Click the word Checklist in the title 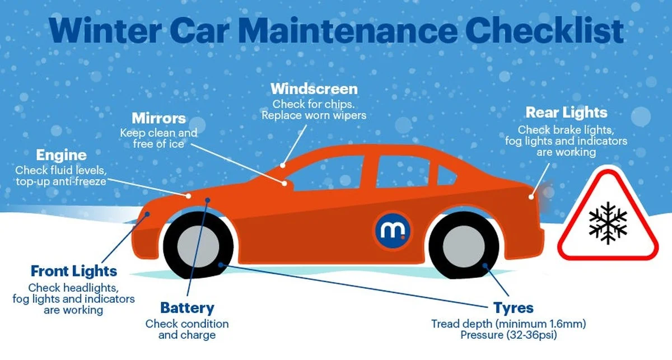point(544,31)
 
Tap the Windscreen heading point(314,89)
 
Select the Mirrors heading point(158,118)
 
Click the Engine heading point(62,156)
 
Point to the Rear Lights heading point(566,113)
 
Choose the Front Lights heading point(74,272)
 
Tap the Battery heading point(188,308)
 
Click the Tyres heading point(514,308)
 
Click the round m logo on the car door point(393,231)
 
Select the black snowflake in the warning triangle point(608,223)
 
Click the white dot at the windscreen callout point(283,165)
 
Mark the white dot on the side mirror point(284,183)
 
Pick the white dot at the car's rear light point(531,197)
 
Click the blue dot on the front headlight point(147,214)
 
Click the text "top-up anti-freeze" point(61,181)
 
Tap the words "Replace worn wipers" point(314,115)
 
